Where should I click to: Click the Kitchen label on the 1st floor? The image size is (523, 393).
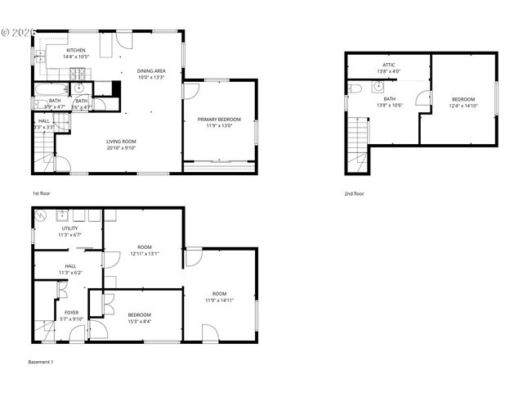click(76, 50)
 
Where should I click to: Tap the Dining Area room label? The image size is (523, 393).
click(151, 70)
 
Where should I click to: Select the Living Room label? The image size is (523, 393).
click(120, 142)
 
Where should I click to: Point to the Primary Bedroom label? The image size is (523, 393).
click(219, 120)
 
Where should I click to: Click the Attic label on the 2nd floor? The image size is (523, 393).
click(388, 65)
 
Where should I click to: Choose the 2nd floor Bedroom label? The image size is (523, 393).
click(463, 99)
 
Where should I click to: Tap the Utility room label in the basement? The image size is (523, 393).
click(70, 228)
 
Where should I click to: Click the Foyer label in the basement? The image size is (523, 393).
click(72, 312)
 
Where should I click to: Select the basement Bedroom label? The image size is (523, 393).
click(139, 315)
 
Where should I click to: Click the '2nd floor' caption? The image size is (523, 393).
click(354, 193)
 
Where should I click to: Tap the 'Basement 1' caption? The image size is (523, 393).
click(41, 362)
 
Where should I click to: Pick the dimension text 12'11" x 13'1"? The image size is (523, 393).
click(145, 254)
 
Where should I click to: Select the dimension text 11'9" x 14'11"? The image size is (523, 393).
click(219, 300)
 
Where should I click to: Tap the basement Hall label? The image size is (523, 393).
click(70, 266)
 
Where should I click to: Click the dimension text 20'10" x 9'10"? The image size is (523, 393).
click(120, 148)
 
